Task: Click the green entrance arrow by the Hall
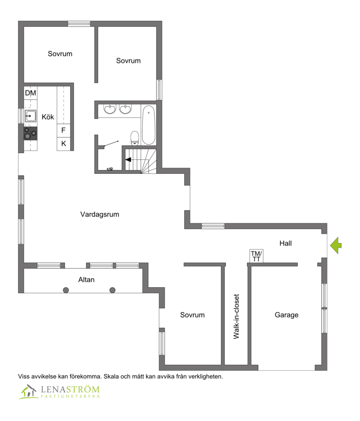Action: pos(336,245)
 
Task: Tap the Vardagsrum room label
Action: pos(99,214)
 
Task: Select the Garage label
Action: pos(287,315)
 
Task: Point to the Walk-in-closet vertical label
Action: pos(236,317)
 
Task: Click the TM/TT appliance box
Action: pos(256,256)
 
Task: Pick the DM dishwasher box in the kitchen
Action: pos(30,93)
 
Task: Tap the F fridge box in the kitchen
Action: pos(63,131)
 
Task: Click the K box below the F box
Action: pos(63,144)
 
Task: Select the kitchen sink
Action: pos(30,116)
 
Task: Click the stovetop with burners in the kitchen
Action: pos(30,133)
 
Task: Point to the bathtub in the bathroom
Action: pos(148,125)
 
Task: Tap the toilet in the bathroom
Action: pos(135,138)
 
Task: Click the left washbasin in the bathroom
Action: pos(110,109)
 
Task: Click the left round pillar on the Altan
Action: pos(66,290)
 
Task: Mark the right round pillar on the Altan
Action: pos(112,290)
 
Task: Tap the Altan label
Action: pos(86,280)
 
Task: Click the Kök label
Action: pos(48,117)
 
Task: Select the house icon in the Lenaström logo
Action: pos(28,391)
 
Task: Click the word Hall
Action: pos(285,243)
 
